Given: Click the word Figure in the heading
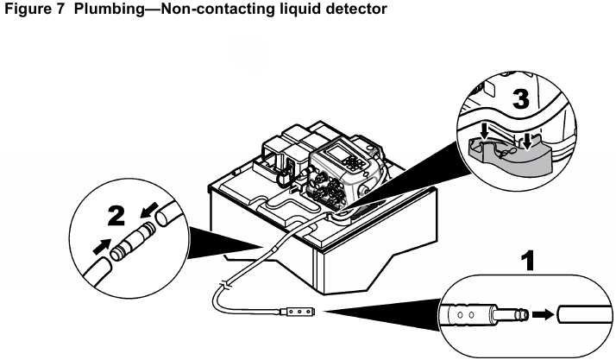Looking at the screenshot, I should click(22, 9).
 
